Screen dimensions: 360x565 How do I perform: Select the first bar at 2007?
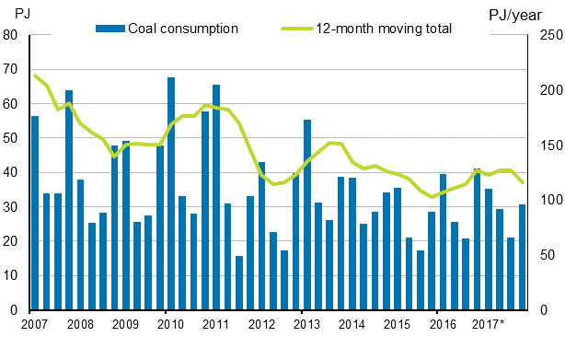pos(35,213)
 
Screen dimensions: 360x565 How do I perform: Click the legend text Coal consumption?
pos(182,29)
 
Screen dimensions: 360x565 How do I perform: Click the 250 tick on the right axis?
pos(544,35)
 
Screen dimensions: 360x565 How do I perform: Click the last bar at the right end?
pos(523,257)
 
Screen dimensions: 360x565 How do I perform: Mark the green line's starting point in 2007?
pos(35,75)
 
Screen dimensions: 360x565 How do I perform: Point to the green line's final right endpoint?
pos(523,182)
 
